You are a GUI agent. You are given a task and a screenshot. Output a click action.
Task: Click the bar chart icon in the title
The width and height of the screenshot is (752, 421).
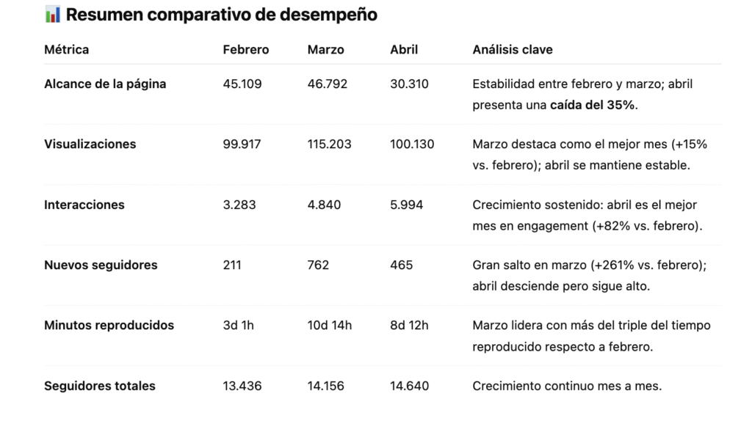pos(52,15)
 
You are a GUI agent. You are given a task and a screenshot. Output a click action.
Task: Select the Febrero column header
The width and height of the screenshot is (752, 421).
pos(246,50)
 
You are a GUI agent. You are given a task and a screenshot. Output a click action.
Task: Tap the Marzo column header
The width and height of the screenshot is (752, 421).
pos(325,50)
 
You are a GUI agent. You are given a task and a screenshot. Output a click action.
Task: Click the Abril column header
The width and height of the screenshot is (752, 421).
pos(404,50)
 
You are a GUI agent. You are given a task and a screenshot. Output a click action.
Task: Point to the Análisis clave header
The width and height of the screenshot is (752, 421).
pos(513,50)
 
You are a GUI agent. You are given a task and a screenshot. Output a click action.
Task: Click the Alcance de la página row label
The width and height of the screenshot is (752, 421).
pos(105,84)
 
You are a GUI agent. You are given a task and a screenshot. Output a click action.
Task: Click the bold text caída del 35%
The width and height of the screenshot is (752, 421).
pos(593,105)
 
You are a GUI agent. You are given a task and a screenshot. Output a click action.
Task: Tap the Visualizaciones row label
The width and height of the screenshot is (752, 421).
pos(90,144)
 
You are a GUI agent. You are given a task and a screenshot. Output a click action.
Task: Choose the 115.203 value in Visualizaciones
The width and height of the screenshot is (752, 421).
pos(329,144)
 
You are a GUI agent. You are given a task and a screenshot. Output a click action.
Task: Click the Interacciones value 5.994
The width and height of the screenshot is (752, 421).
pos(407,205)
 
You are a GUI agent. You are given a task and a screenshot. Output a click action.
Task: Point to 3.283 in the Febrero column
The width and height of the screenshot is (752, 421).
pos(239,205)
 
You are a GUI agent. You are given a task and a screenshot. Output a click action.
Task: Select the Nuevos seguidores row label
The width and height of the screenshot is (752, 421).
pos(101,265)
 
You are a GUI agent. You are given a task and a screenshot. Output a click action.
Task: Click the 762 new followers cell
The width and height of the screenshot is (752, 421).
pos(318,265)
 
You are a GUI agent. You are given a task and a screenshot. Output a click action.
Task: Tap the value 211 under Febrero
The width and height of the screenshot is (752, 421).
pos(232,265)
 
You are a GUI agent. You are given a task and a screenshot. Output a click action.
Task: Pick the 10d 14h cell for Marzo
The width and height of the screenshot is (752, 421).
pos(330,325)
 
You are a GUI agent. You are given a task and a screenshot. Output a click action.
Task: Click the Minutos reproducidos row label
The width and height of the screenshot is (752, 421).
pos(109,325)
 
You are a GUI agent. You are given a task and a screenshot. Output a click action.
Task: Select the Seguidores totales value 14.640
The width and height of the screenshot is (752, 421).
pos(410,386)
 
